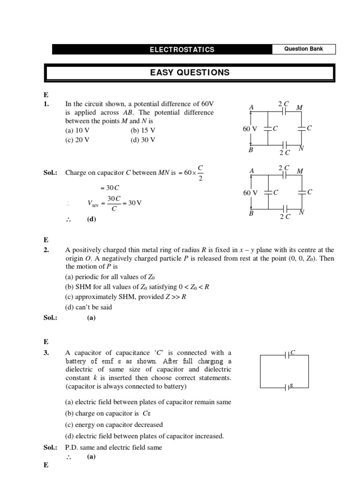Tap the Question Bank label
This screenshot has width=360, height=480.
[304, 49]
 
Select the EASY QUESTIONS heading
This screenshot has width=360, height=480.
[189, 73]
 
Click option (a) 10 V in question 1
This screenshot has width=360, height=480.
[77, 131]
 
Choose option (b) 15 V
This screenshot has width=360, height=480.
[143, 131]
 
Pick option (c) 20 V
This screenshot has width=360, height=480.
[77, 140]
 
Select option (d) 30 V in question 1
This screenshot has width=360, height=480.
[143, 140]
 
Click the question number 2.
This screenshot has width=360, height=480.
[46, 250]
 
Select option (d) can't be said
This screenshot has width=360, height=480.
[89, 307]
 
